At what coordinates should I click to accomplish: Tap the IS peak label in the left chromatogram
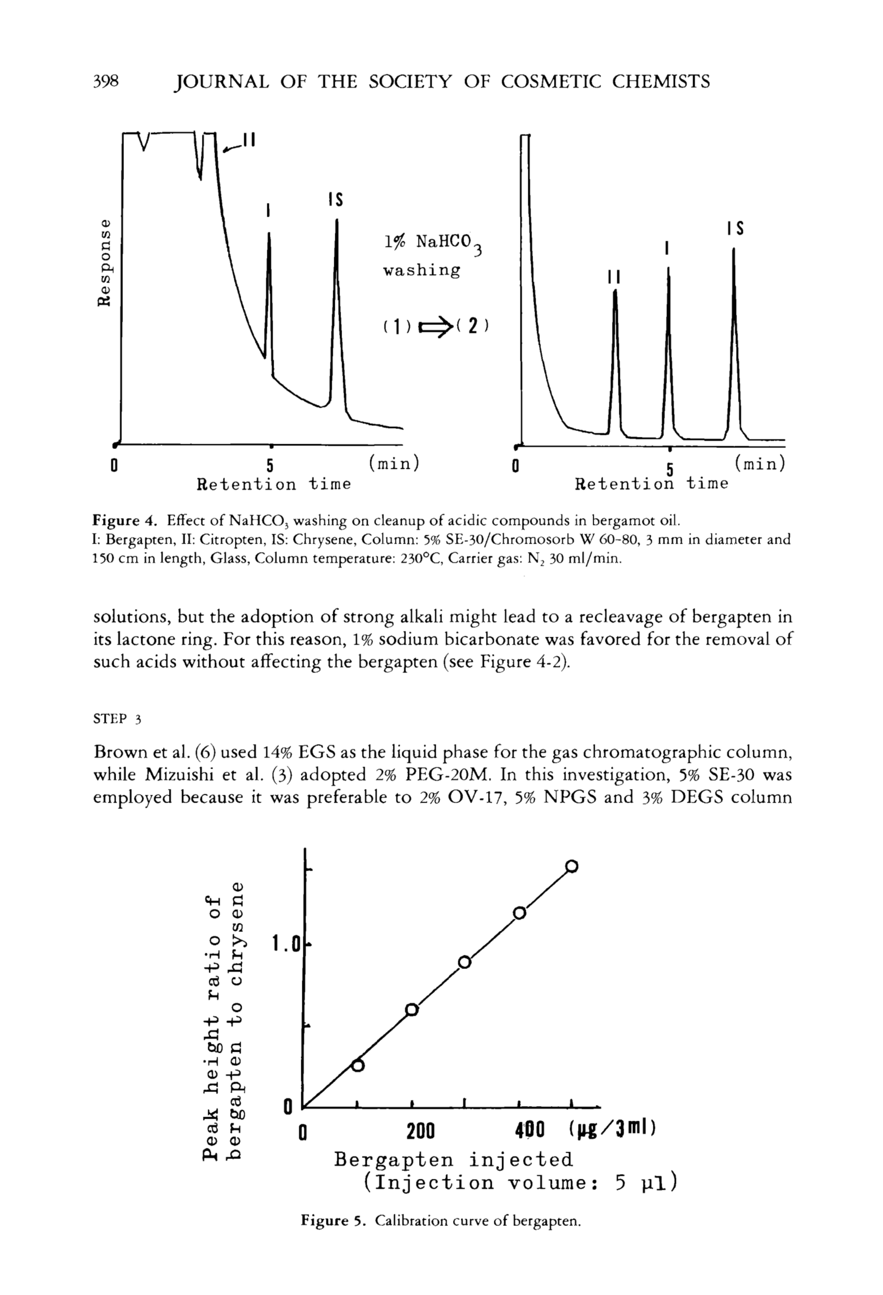pos(335,199)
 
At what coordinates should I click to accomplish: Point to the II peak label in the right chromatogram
pos(614,277)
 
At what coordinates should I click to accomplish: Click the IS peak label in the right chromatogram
pos(736,229)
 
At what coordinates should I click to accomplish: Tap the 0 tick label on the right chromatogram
pos(516,465)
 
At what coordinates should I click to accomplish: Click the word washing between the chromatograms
pos(422,271)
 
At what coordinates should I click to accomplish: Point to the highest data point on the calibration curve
pos(572,866)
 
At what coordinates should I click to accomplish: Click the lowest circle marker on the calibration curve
pos(358,1065)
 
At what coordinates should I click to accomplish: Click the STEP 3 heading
pos(117,719)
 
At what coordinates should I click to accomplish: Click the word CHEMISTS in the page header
pos(661,82)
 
